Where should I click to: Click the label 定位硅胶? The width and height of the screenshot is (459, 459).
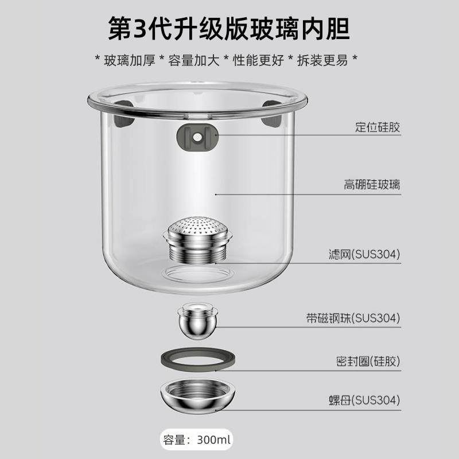377,127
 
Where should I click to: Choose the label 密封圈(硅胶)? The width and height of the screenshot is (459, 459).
368,361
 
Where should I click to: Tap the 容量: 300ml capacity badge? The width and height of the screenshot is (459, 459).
197,441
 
